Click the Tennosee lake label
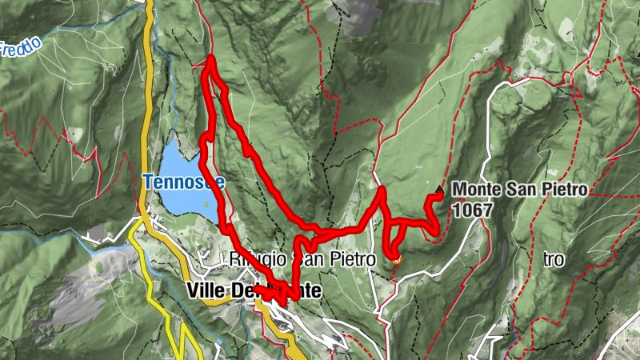coord(184,182)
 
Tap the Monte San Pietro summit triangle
coord(438,190)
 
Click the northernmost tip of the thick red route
coord(211,58)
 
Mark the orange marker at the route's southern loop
coord(394,258)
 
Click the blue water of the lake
coord(180,160)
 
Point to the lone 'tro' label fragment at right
coord(554,260)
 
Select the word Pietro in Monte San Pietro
coord(565,190)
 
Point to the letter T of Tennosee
coord(149,182)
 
